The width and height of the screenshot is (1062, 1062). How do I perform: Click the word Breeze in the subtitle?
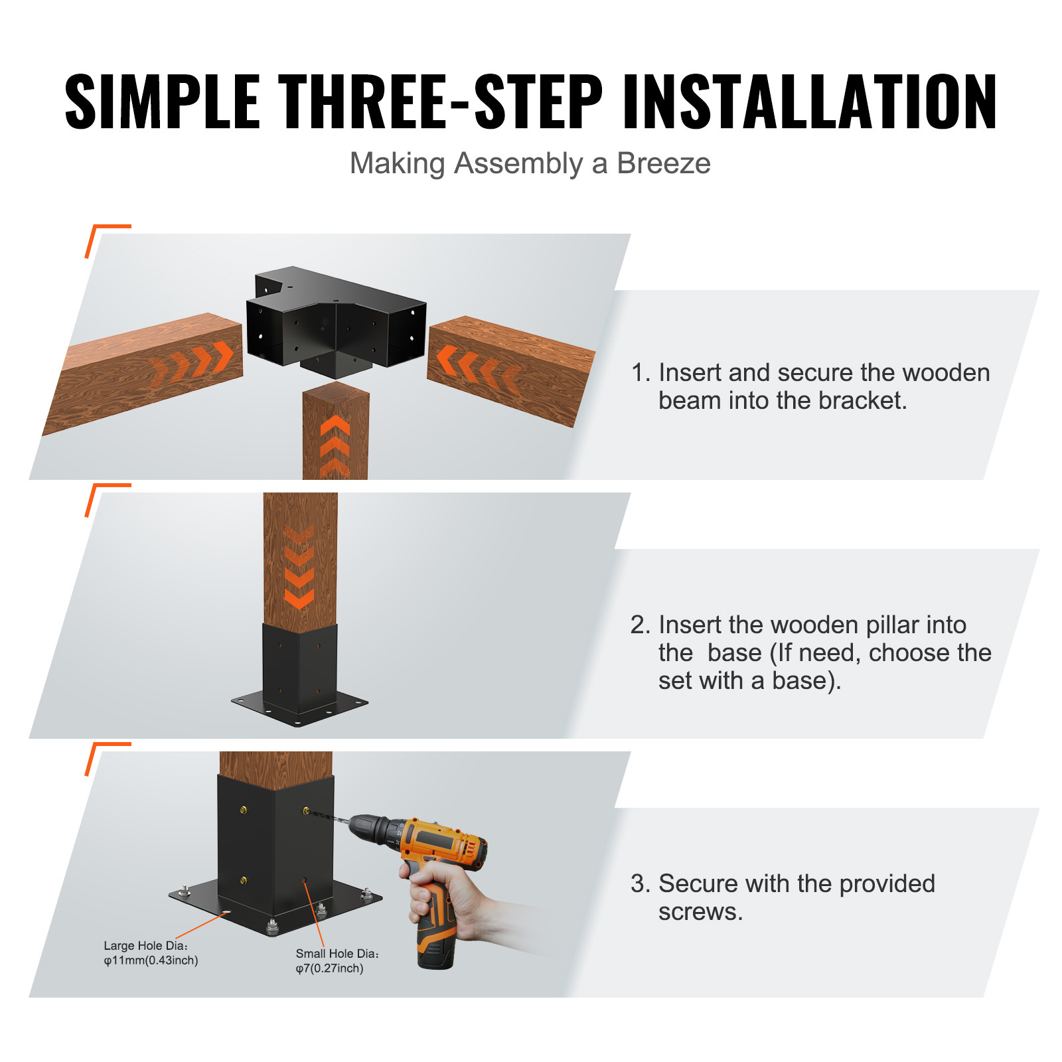click(x=663, y=163)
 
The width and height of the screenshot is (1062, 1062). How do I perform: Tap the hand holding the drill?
click(x=451, y=903)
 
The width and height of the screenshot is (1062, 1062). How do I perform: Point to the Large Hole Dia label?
click(x=145, y=945)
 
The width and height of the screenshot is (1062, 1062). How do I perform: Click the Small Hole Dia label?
click(x=337, y=953)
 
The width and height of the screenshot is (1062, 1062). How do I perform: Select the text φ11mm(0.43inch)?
click(x=151, y=960)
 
